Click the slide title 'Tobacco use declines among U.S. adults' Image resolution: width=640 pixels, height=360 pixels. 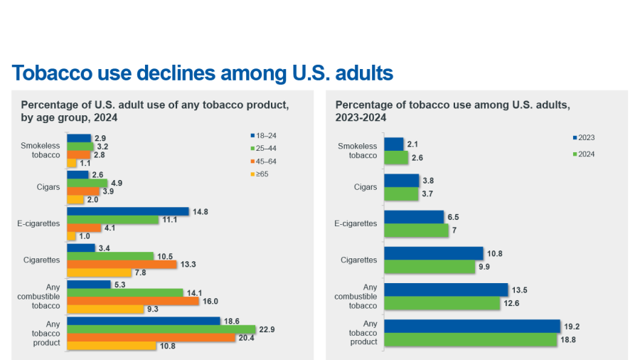click(x=203, y=73)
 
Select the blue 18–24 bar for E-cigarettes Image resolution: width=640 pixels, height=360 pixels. click(x=128, y=211)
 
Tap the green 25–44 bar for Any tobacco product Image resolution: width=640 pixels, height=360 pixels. click(x=161, y=329)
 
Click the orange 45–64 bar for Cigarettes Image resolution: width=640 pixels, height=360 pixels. click(x=122, y=265)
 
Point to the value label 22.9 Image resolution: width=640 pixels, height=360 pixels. click(x=267, y=329)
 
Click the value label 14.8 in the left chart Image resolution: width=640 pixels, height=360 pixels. click(x=200, y=211)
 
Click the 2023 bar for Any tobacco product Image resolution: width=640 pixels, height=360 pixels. click(x=472, y=326)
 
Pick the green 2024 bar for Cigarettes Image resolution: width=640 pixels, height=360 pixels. click(x=430, y=267)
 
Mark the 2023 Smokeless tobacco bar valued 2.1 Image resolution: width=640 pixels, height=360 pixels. click(x=394, y=144)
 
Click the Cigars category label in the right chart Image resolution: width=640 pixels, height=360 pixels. click(x=366, y=187)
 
